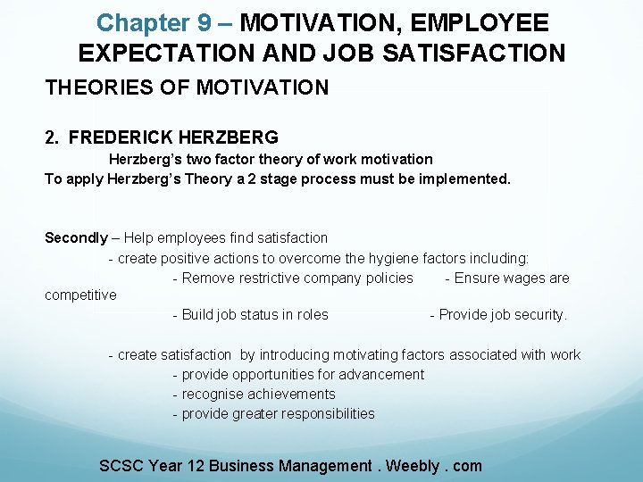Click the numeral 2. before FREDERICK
pyautogui.click(x=53, y=137)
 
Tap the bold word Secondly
pyautogui.click(x=76, y=237)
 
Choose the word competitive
pyautogui.click(x=80, y=295)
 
